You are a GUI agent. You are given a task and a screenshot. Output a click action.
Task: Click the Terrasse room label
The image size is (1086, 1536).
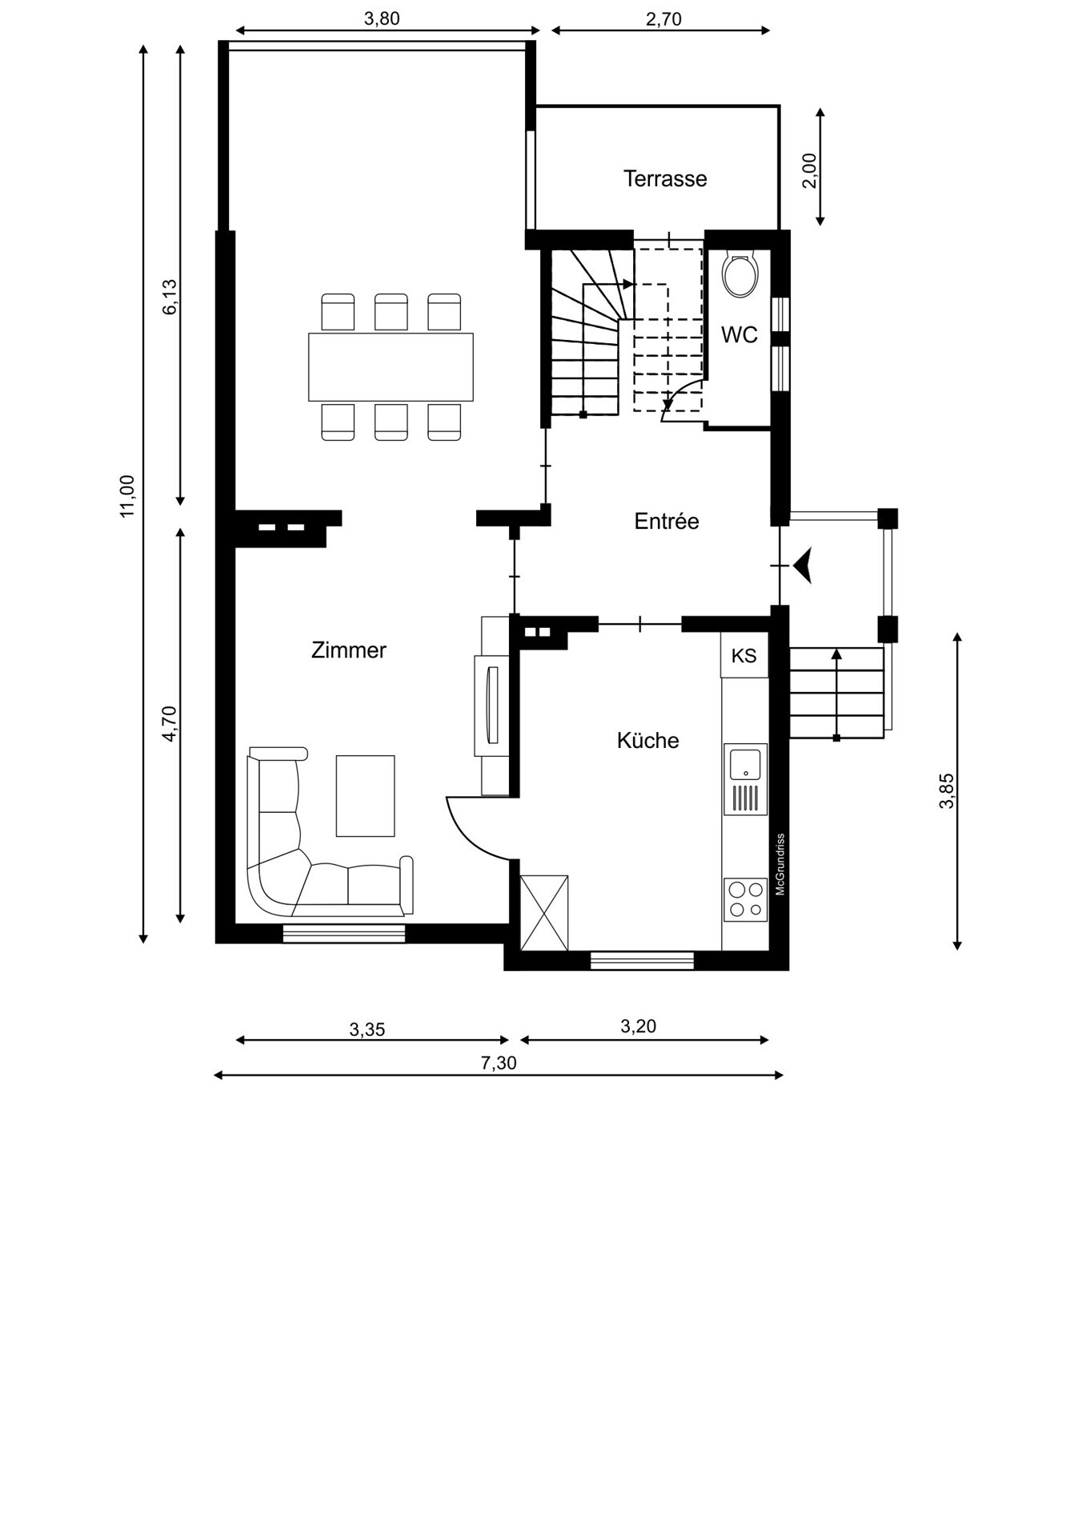pos(665,178)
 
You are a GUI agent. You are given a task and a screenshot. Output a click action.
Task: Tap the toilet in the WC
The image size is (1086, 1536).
pos(740,274)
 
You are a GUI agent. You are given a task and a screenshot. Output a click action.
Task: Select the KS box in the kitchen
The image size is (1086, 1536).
pos(744,655)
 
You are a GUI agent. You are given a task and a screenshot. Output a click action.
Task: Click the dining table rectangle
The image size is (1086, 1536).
pos(391,367)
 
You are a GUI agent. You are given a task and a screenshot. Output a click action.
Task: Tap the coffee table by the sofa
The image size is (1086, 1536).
pos(366,796)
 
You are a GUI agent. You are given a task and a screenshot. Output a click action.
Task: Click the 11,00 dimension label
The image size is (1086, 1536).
pos(127,496)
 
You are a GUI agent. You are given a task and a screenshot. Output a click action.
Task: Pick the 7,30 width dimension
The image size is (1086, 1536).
pos(499,1063)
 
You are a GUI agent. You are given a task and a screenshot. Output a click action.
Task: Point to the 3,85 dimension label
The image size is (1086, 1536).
pos(947,790)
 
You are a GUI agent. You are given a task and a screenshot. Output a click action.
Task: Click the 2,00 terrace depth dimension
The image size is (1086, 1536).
pos(809,170)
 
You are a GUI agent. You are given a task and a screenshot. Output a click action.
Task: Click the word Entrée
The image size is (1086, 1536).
pos(667,522)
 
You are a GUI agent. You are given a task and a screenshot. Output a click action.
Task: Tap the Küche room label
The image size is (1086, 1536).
pos(647,741)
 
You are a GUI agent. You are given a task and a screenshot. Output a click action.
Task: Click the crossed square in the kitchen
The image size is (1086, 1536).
pos(544,913)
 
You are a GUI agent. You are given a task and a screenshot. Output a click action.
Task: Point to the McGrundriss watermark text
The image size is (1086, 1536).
pos(780,865)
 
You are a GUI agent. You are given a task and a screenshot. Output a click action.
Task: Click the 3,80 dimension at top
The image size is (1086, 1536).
pos(382,18)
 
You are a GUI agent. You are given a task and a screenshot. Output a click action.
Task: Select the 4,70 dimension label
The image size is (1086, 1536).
pos(169,723)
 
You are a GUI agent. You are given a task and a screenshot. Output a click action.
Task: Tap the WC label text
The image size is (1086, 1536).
pos(739,335)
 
